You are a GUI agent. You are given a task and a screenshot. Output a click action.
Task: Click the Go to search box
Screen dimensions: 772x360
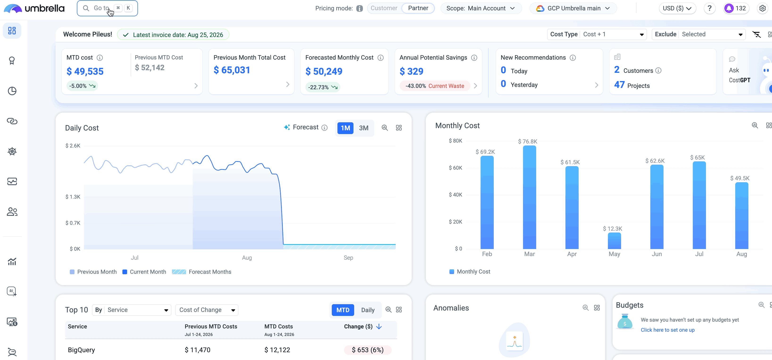coord(107,8)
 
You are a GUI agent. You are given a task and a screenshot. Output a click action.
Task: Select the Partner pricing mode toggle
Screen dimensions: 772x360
coord(418,8)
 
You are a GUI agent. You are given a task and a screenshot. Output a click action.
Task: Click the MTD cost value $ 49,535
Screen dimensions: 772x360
coord(85,71)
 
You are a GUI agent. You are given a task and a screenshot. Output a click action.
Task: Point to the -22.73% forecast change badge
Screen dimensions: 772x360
coord(323,87)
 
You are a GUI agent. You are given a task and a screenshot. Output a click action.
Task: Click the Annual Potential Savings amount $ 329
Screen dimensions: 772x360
coord(411,71)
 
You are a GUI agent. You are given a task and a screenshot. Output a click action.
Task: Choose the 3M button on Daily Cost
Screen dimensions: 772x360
coord(364,128)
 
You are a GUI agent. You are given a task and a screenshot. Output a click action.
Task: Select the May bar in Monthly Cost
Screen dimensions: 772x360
coord(614,241)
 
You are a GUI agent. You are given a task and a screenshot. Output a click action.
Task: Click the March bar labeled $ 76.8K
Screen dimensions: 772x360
coord(529,197)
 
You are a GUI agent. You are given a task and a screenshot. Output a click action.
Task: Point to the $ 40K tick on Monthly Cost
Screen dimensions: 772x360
coord(455,195)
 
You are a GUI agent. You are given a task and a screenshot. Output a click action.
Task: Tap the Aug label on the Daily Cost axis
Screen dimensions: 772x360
coord(247,258)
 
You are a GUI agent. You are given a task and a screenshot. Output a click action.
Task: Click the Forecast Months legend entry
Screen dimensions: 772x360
coord(201,272)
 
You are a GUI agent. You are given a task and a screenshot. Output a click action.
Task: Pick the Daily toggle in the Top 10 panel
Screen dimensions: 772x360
coord(368,310)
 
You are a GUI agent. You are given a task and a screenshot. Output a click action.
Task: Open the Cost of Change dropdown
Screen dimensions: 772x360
coord(207,310)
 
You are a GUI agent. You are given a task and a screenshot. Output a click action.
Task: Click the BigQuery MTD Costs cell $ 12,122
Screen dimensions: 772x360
coord(277,350)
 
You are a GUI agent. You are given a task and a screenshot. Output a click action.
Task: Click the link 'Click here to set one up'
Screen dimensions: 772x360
coord(667,330)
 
